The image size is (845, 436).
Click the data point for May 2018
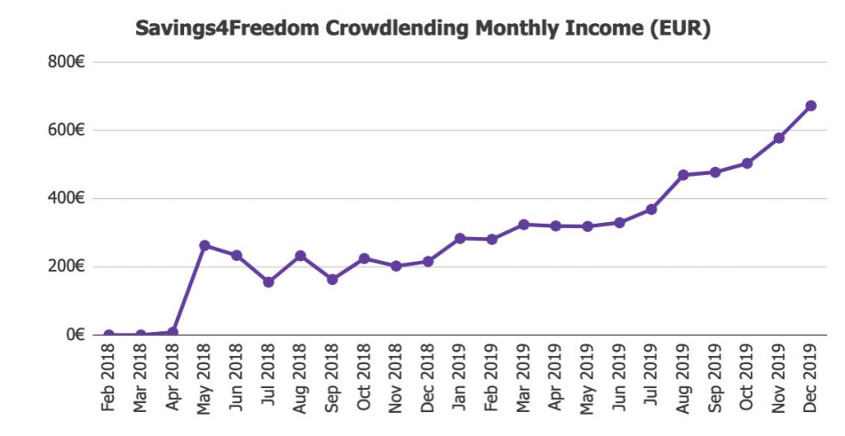pos(205,245)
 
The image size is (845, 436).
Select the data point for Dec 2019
pos(810,106)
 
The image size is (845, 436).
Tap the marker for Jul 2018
pos(268,282)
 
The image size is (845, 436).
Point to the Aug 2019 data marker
pos(683,175)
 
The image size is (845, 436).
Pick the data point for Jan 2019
pos(460,239)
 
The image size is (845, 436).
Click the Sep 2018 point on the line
pos(332,279)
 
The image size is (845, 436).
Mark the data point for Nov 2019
pos(779,138)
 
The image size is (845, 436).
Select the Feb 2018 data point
pos(109,334)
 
